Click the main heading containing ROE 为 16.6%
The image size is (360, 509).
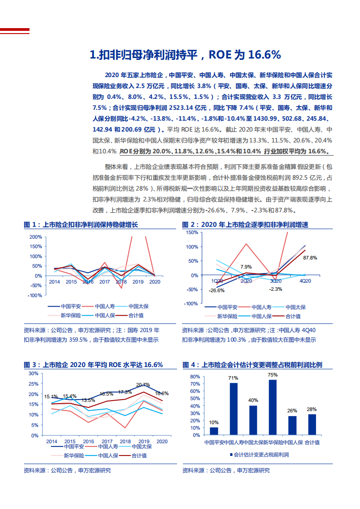pos(185,55)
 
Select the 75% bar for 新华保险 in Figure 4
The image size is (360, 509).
pos(272,407)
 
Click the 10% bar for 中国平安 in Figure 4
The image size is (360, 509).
pos(214,431)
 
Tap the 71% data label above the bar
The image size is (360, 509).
pos(233,378)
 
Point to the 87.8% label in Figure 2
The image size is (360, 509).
pos(310,258)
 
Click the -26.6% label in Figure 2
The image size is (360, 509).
pos(217,290)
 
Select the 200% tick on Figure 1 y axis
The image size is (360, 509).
pos(35,237)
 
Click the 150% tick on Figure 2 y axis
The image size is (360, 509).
pos(192,233)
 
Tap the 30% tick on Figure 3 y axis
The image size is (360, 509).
pos(33,373)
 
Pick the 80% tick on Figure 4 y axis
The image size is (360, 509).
pos(194,377)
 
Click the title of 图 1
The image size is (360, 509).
pos(81,225)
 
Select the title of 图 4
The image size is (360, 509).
pos(252,365)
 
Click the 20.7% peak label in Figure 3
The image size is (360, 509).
pos(143,385)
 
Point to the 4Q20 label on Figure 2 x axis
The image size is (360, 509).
pos(305,281)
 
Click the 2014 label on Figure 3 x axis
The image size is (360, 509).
pos(52,441)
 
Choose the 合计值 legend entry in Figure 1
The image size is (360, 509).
pos(135,315)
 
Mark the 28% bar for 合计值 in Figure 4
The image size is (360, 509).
pos(312,424)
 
